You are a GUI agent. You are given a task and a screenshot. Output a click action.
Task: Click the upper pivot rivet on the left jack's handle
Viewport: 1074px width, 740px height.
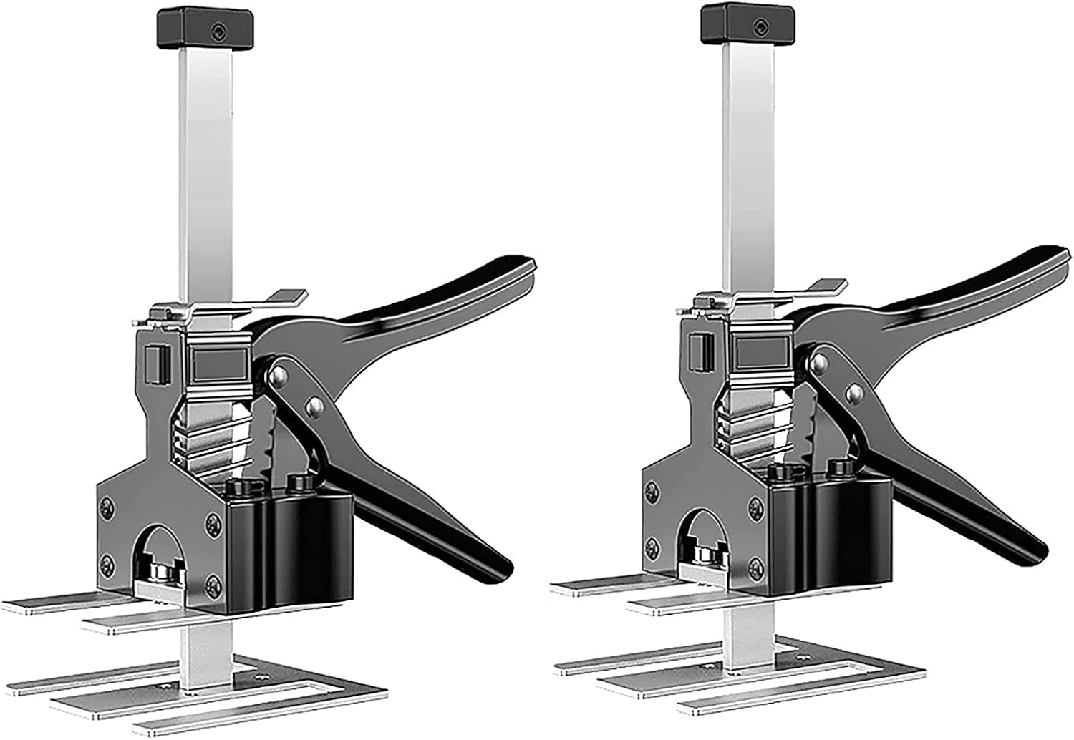tap(280, 374)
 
